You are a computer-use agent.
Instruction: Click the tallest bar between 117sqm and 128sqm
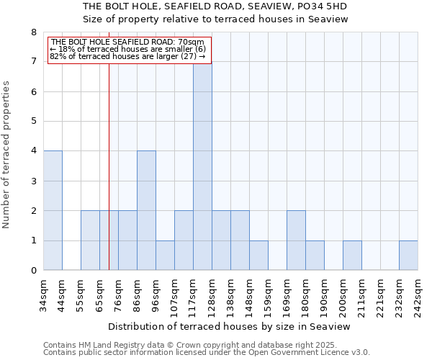202,166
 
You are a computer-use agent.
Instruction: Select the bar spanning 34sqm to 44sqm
53,210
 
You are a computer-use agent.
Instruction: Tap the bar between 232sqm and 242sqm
408,255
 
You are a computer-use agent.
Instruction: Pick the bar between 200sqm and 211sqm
352,255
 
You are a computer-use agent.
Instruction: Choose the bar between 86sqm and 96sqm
146,210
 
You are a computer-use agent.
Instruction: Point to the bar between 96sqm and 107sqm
165,255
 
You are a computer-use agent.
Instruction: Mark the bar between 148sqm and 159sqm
258,255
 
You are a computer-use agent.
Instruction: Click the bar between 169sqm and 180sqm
296,240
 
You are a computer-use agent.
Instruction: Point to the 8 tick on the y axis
33,32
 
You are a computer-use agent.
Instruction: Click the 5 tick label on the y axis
33,122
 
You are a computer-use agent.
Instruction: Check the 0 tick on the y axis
33,271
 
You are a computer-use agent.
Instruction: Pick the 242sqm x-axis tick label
418,293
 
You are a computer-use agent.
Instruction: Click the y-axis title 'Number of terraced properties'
6,155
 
